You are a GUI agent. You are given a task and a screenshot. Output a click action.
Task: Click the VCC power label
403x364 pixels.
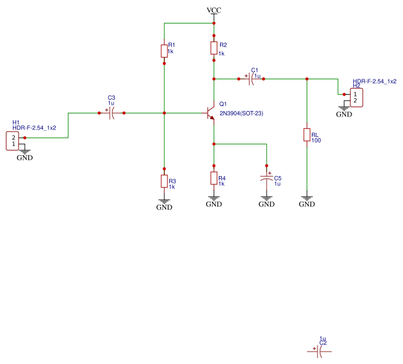[x=213, y=11]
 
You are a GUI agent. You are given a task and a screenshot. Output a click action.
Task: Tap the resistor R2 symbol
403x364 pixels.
[x=214, y=48]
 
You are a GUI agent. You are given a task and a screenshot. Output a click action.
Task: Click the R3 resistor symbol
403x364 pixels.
[x=164, y=181]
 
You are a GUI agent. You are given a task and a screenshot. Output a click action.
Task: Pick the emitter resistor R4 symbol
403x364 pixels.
[x=214, y=179]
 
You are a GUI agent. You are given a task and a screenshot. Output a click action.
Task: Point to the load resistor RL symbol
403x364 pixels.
[x=306, y=135]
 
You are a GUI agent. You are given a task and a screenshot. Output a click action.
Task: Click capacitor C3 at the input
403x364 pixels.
[x=112, y=113]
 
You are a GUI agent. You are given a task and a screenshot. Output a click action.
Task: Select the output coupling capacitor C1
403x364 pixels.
[x=250, y=79]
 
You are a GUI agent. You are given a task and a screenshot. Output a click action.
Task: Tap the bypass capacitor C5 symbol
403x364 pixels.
[x=267, y=178]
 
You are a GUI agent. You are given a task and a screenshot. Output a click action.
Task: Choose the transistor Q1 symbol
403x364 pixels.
[x=210, y=113]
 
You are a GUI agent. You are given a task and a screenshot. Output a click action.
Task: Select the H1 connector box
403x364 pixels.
[x=12, y=140]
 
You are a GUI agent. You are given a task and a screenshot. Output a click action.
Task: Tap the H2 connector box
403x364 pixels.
[x=355, y=97]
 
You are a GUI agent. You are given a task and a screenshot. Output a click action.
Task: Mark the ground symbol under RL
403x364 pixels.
[x=306, y=200]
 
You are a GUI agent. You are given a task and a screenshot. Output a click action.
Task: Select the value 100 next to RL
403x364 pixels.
[x=316, y=141]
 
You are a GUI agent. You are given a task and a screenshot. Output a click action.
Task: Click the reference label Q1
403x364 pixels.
[x=223, y=104]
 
